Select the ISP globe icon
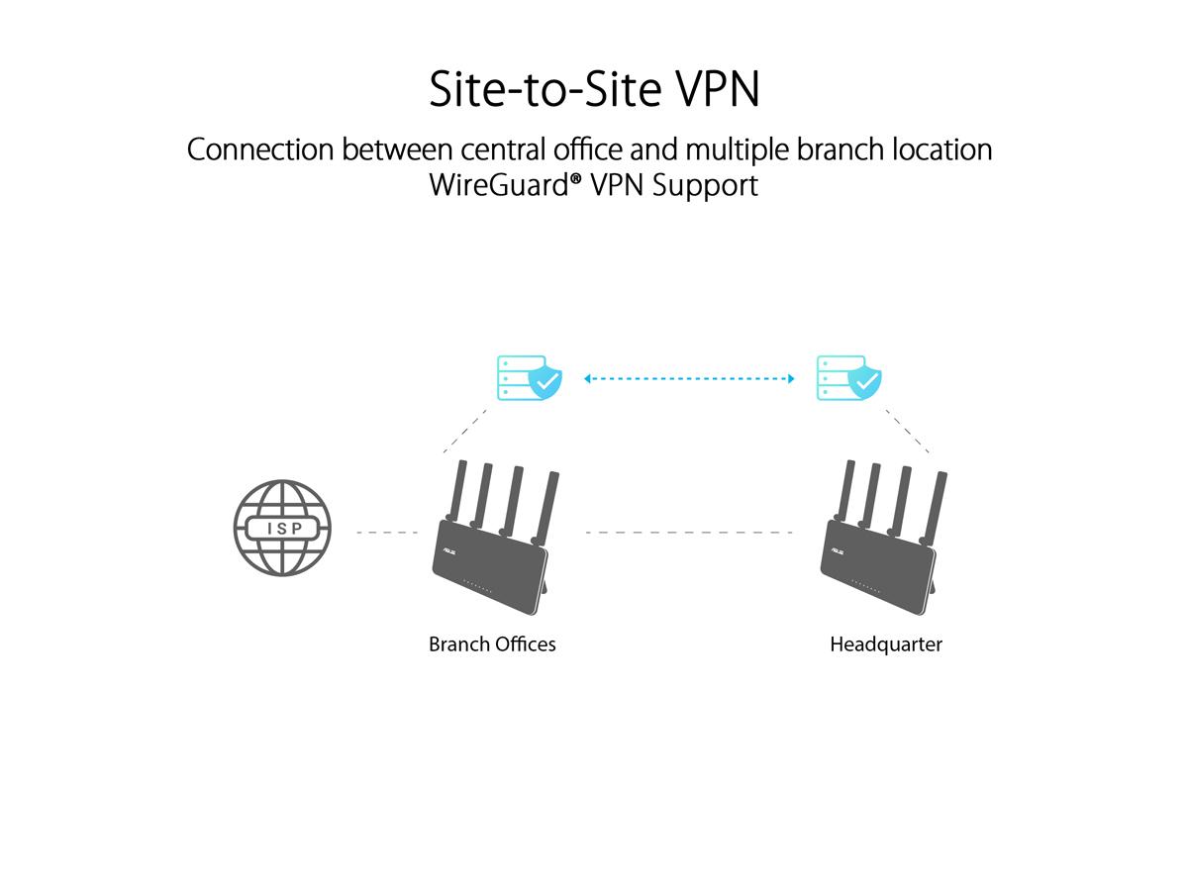pos(282,529)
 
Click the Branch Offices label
pos(492,644)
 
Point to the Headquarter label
pos(886,644)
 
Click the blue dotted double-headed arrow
pos(689,378)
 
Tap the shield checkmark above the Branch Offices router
pos(544,381)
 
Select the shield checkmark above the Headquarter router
pos(865,381)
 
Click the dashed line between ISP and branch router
pos(387,533)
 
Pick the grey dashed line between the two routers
pos(689,533)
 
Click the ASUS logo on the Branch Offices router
pos(446,542)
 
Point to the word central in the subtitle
pos(504,149)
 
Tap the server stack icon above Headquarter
pos(838,378)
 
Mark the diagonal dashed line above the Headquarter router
pos(908,430)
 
